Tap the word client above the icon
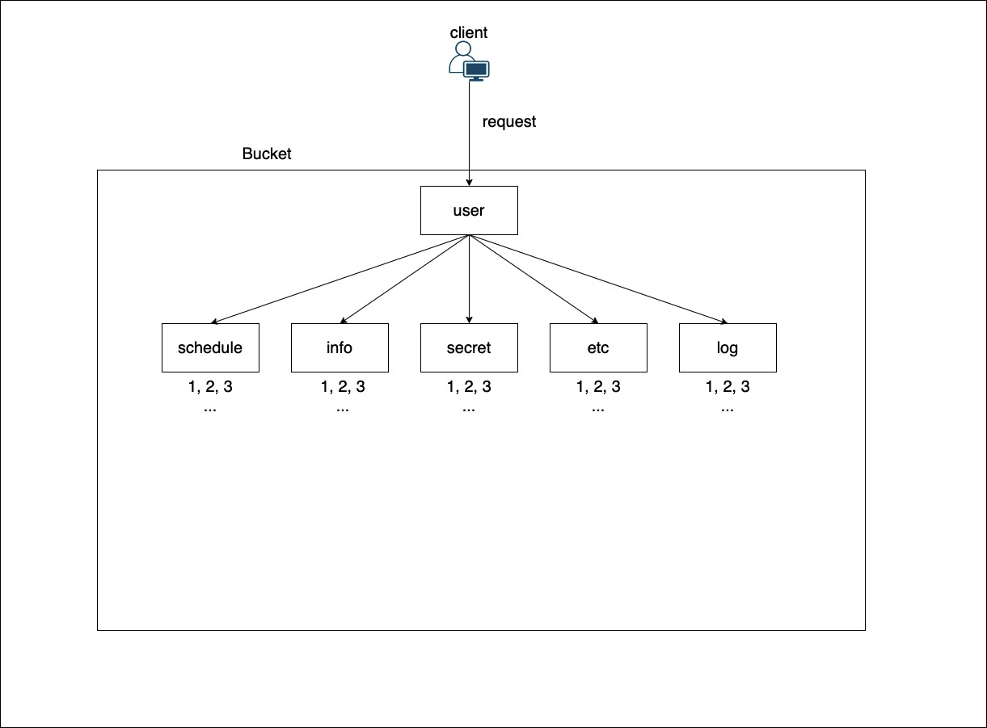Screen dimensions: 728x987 [x=469, y=33]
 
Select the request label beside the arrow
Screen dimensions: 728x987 [x=509, y=122]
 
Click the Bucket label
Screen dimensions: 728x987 [x=267, y=154]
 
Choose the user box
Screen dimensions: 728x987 [x=469, y=211]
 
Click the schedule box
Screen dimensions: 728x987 [x=210, y=348]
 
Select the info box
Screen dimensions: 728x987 [x=340, y=348]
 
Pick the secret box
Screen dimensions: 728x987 [x=469, y=348]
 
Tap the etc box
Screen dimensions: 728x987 [x=598, y=348]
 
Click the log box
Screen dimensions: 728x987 [x=728, y=348]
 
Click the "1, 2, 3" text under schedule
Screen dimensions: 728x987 [x=210, y=387]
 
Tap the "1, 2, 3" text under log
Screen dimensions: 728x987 [x=728, y=387]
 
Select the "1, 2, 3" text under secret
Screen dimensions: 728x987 [x=469, y=387]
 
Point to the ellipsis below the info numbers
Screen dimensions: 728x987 [x=343, y=409]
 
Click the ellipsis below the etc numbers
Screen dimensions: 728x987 [x=598, y=409]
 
